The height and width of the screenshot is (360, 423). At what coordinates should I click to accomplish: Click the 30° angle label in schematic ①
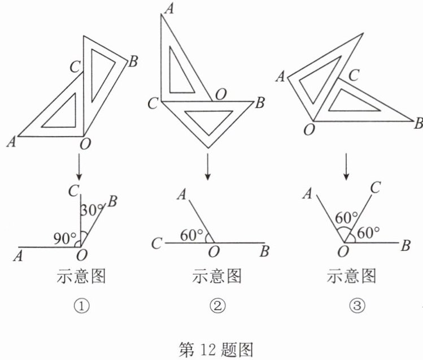click(x=92, y=210)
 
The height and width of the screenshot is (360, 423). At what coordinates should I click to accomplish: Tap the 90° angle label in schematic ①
click(x=65, y=238)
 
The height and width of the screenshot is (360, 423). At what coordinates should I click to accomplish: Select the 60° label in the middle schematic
click(x=192, y=235)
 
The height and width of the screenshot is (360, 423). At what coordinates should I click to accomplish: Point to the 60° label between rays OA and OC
click(x=346, y=218)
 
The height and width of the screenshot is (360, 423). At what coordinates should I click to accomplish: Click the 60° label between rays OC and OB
click(x=368, y=232)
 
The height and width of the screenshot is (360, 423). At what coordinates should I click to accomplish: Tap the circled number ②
click(x=217, y=306)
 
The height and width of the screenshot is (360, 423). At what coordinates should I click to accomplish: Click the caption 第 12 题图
click(x=216, y=350)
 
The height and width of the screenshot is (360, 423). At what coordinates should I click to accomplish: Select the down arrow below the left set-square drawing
click(x=79, y=167)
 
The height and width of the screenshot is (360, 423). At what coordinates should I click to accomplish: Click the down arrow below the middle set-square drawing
click(x=207, y=167)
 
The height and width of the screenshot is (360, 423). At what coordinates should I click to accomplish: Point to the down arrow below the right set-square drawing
click(x=346, y=167)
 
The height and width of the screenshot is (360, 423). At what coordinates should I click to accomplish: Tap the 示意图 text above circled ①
click(x=81, y=276)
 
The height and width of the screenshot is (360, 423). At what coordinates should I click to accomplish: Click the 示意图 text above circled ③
click(x=351, y=276)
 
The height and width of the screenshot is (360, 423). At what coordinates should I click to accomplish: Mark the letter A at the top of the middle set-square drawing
click(x=169, y=9)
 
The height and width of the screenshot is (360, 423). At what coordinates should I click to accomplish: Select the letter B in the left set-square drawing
click(x=133, y=61)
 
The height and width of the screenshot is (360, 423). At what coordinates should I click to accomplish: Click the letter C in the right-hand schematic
click(x=375, y=188)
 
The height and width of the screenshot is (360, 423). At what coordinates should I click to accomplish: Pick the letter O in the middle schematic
click(x=213, y=252)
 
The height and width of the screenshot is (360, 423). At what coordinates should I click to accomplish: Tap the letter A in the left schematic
click(x=18, y=256)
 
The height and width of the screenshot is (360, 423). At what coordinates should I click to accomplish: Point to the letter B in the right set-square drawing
click(x=418, y=123)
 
